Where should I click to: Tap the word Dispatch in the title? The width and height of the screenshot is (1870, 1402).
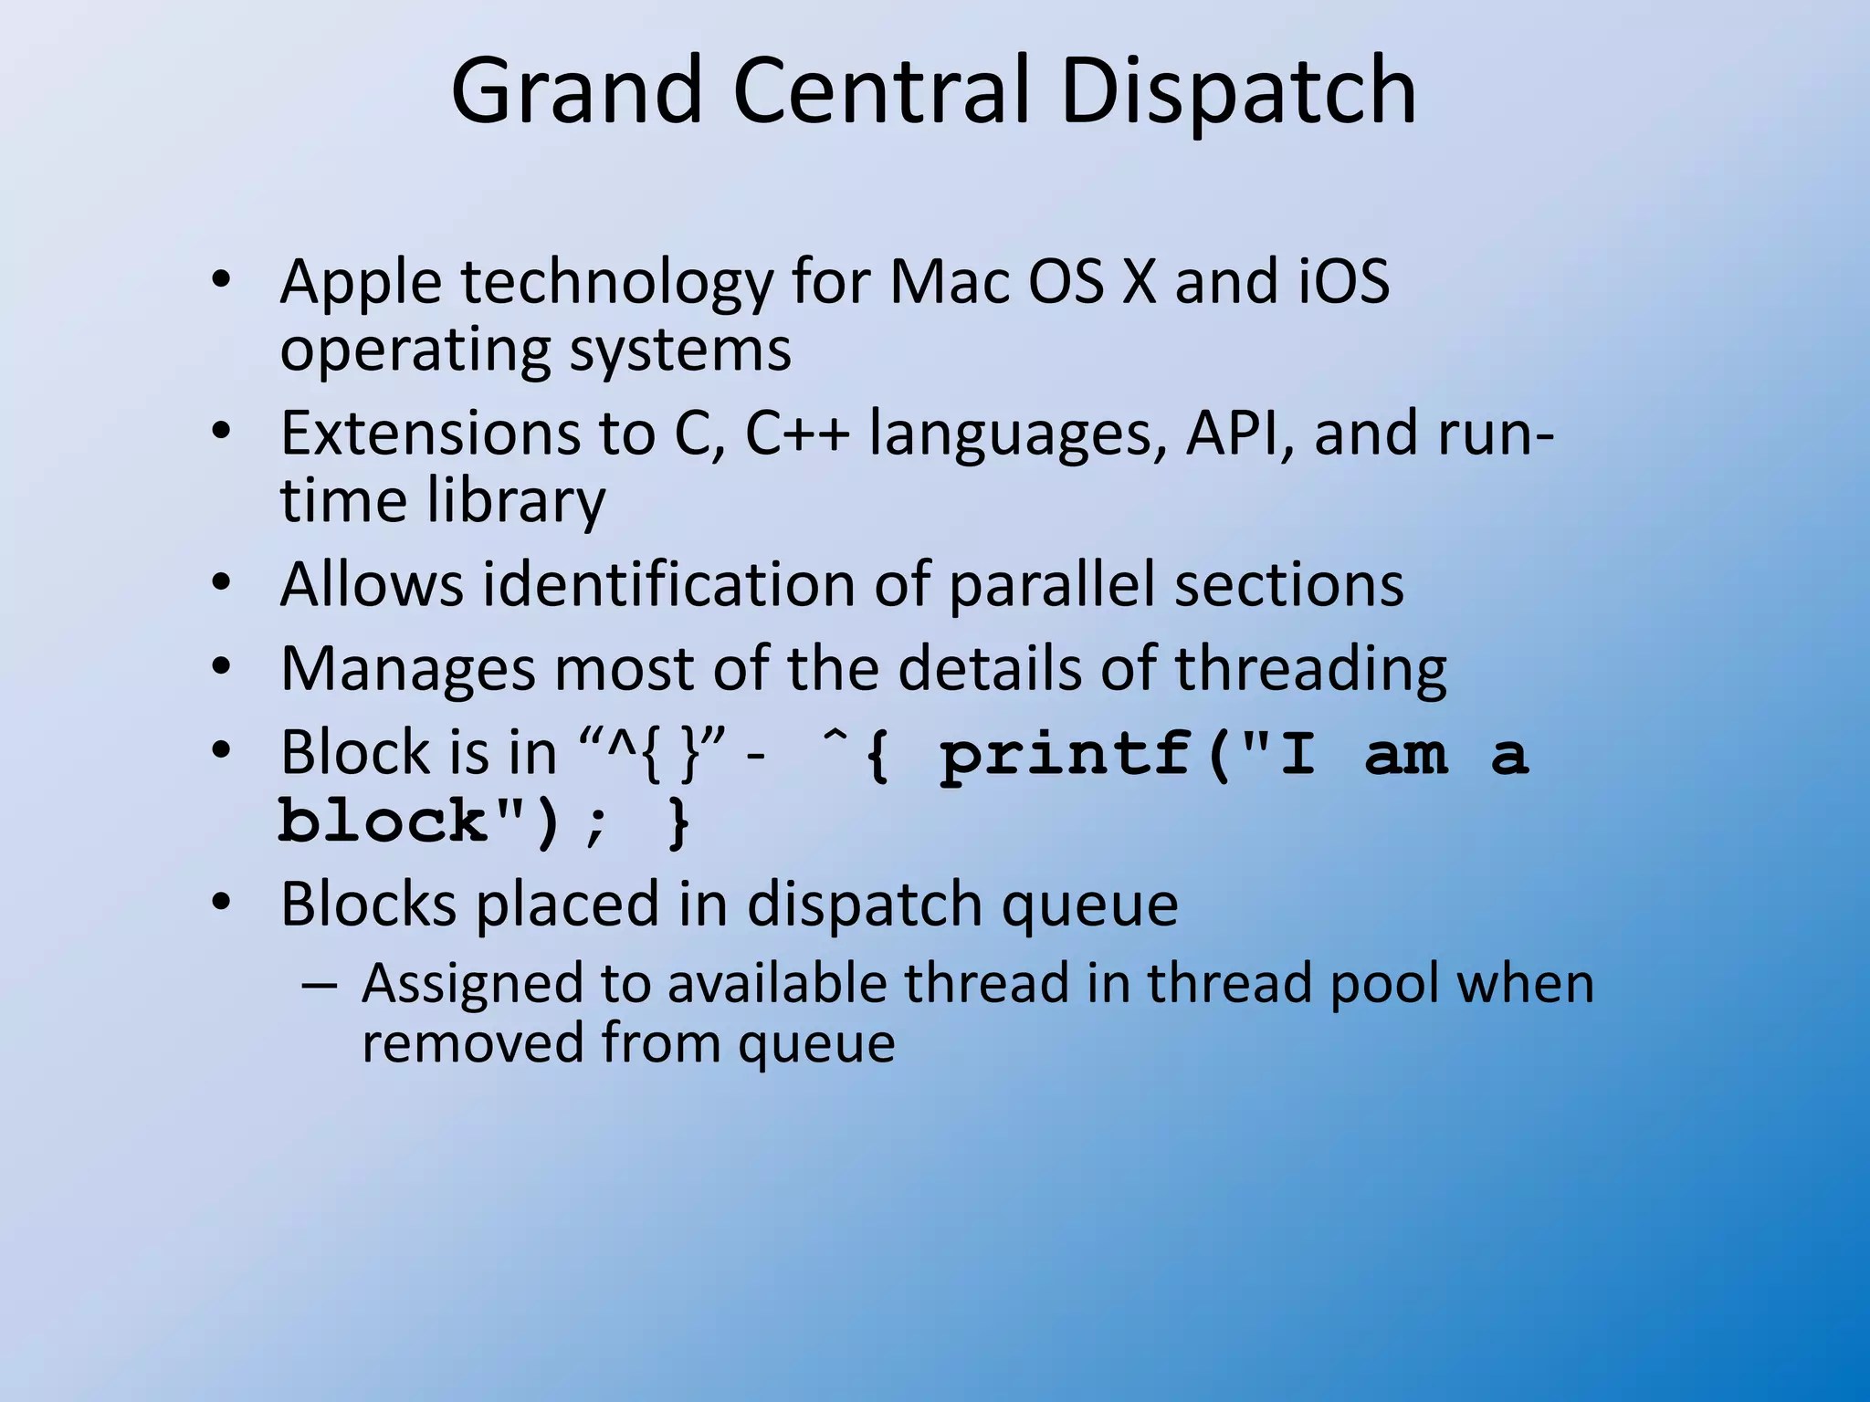coord(1238,91)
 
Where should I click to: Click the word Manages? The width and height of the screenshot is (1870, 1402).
coord(407,668)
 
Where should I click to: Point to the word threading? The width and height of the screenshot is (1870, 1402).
coord(1310,668)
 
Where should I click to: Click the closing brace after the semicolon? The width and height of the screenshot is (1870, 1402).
coord(678,821)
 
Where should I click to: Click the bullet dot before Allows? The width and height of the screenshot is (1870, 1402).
coord(222,582)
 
